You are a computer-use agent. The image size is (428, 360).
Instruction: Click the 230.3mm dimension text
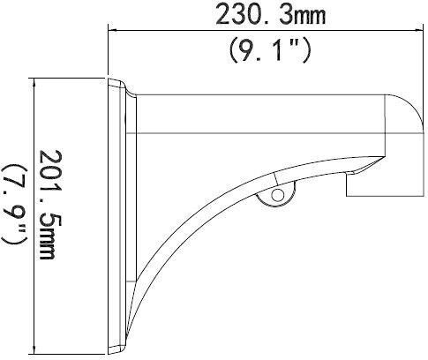click(x=271, y=16)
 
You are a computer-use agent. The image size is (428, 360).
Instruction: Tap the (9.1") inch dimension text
click(x=270, y=50)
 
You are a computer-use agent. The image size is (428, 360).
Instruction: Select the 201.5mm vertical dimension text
click(x=48, y=205)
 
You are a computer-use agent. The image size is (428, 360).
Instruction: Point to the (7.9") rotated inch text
click(x=15, y=204)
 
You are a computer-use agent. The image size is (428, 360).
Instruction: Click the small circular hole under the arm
click(x=278, y=195)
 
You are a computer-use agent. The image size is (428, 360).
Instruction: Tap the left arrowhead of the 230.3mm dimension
click(x=113, y=30)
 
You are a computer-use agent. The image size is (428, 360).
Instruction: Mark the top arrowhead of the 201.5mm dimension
click(x=35, y=83)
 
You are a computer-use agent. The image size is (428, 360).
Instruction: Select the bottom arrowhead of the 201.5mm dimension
click(x=35, y=349)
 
